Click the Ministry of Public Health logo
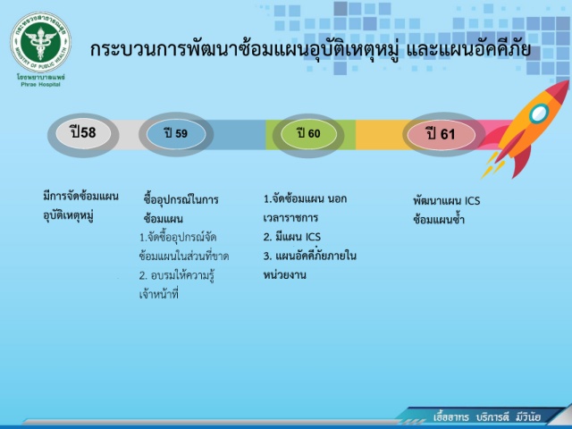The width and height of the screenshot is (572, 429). pos(40,42)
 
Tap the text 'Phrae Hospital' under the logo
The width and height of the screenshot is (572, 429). pos(40,85)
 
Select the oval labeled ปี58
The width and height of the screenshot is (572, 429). pos(83,133)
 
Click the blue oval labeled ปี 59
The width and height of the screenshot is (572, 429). pos(176,133)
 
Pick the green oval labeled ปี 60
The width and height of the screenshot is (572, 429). pos(308,133)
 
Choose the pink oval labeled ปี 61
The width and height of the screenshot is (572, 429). pos(441,134)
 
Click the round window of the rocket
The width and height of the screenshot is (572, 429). pos(539,114)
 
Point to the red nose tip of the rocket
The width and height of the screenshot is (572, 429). pos(567,83)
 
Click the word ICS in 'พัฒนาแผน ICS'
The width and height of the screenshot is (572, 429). pos(472,201)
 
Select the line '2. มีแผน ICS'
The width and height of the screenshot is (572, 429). pos(292,237)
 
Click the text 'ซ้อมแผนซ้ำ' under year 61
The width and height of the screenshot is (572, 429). pos(439,220)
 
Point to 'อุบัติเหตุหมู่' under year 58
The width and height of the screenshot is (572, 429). pos(68,215)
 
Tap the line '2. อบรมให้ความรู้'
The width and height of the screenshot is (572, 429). pos(177,275)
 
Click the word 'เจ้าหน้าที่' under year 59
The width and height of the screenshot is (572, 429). pos(159,294)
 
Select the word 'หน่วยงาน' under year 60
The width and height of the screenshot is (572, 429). pos(284,274)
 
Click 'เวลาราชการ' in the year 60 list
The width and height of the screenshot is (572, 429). pos(290,218)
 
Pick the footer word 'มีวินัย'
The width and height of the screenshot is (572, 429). pos(528,417)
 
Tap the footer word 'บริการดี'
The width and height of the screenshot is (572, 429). pos(492,417)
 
